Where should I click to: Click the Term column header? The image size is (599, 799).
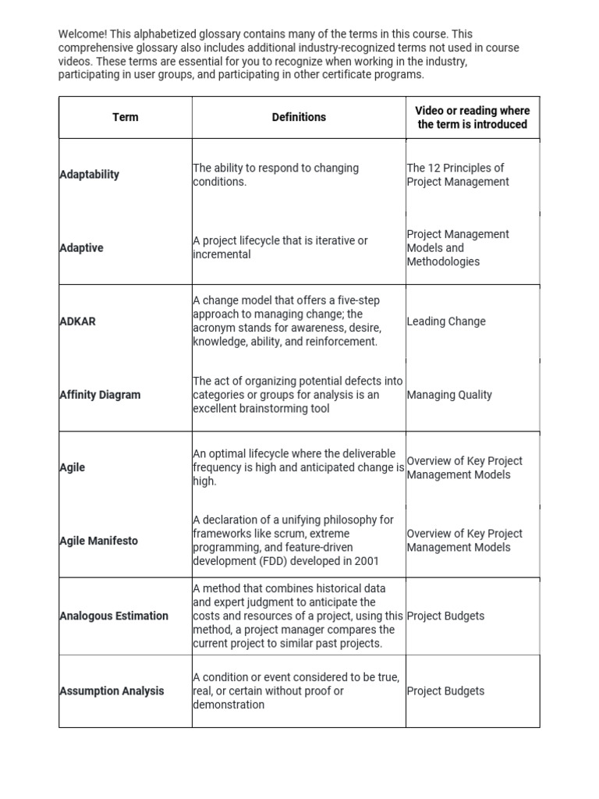125,117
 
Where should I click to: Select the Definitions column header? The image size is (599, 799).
299,117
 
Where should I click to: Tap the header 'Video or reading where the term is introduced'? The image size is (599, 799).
472,117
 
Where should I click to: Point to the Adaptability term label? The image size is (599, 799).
89,175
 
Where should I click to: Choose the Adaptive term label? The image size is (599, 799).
81,248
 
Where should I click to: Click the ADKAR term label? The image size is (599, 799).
77,321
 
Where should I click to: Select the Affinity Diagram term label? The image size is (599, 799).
100,395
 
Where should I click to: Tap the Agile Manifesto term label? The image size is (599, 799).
98,541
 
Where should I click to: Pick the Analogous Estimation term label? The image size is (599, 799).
114,616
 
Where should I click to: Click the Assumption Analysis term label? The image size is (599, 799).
112,691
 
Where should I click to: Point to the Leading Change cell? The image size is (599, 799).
446,321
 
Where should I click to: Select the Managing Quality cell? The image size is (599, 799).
449,395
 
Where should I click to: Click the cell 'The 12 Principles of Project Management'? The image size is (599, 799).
457,175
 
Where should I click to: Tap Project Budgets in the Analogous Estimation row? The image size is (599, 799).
445,616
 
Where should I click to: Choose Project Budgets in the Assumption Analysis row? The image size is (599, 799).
445,691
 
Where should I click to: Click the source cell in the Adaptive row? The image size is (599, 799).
457,248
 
